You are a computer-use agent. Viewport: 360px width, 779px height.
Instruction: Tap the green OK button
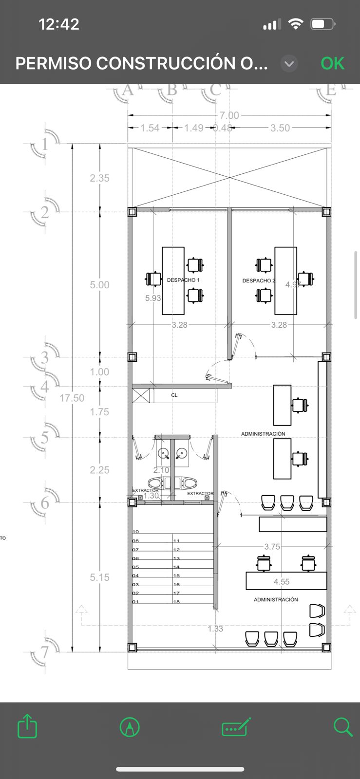click(332, 63)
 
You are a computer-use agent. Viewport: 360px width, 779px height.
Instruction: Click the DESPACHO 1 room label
click(183, 280)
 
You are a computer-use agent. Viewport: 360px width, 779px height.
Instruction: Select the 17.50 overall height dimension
click(72, 398)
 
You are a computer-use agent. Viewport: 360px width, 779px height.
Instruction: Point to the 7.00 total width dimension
click(229, 115)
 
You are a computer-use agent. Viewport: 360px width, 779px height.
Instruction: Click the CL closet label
click(174, 395)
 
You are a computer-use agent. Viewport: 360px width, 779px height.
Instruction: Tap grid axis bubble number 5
click(45, 437)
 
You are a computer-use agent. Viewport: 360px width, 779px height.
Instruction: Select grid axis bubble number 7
click(45, 652)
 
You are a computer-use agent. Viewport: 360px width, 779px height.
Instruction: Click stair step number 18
click(177, 602)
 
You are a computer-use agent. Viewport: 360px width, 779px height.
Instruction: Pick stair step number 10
click(136, 532)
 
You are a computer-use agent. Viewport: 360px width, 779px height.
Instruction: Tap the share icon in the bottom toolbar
click(27, 727)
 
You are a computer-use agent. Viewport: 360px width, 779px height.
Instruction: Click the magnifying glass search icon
click(343, 727)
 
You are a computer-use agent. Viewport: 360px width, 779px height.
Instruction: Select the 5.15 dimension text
click(99, 577)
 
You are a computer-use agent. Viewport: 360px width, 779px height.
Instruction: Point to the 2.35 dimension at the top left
click(99, 178)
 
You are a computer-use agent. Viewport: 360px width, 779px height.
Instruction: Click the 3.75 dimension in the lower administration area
click(272, 547)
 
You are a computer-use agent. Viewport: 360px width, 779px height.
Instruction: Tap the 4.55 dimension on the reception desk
click(282, 582)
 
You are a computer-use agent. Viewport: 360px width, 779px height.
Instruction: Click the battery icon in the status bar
click(322, 24)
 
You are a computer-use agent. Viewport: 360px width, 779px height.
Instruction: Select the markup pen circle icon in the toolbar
click(130, 727)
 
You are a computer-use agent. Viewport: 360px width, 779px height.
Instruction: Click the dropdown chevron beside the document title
click(289, 64)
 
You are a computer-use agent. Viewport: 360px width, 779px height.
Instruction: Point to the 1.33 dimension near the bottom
click(215, 629)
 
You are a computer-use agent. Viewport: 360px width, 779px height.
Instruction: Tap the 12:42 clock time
click(58, 24)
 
